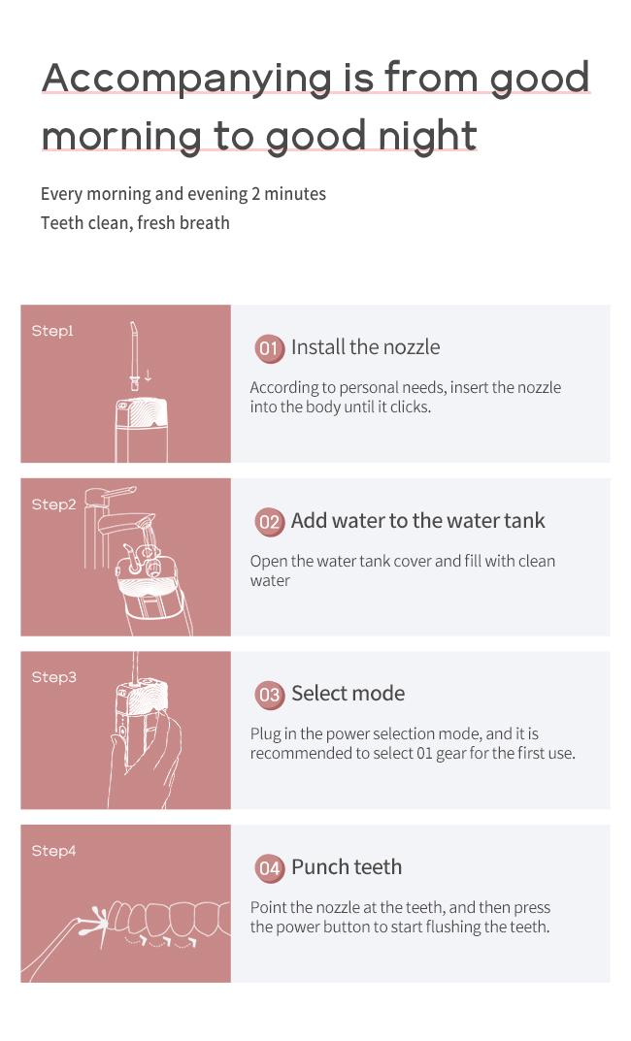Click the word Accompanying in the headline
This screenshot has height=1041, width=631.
coord(186,79)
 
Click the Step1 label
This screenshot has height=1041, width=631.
coord(52,331)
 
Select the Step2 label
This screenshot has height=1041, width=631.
coord(53,504)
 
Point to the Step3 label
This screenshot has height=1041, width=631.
coord(53,677)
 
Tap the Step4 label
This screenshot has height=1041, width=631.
coord(53,851)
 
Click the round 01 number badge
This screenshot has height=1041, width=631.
coord(269,348)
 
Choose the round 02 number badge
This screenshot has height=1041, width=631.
coord(269,522)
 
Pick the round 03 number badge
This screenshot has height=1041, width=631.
coord(269,695)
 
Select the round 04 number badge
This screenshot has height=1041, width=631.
coord(269,867)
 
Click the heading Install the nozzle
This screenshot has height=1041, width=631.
coord(365,347)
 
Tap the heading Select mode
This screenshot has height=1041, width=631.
coord(349,693)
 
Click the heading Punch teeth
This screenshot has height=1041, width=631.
coord(347,866)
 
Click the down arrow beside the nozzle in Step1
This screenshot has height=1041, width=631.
coord(148,375)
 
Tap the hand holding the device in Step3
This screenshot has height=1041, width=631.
coord(148,764)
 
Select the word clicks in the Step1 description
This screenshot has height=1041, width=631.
coord(411,407)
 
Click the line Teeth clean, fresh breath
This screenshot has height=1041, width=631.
coord(135,223)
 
